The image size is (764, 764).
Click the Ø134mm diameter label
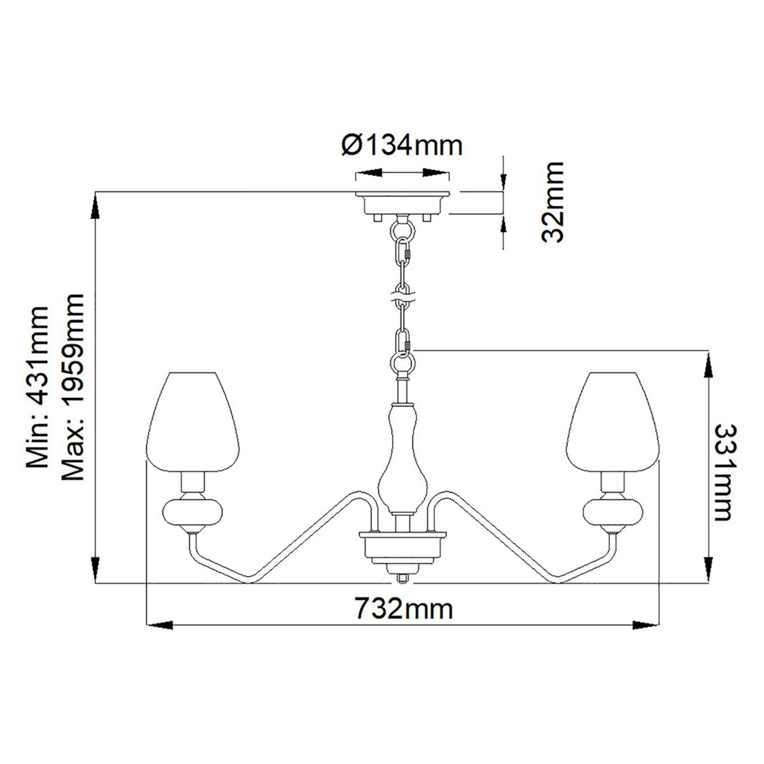coord(401,146)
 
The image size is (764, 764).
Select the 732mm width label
coord(404,609)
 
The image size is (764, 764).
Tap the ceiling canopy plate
coord(402,202)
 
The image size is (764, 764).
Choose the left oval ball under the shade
coord(194,513)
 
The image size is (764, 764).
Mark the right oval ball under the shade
coord(612,513)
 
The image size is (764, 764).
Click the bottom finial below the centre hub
coord(402,577)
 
